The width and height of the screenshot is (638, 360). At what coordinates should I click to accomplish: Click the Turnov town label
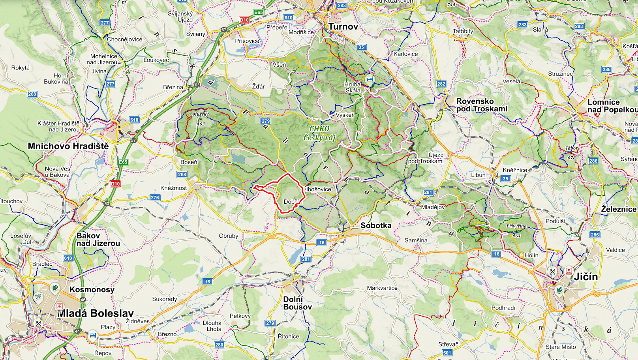[343, 26]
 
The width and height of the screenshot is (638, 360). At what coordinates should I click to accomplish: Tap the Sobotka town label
[376, 225]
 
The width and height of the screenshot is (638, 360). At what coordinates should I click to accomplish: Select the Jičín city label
[585, 276]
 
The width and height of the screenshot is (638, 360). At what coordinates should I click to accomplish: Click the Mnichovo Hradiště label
[68, 146]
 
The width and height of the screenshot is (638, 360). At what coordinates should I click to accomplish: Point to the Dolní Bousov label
[297, 303]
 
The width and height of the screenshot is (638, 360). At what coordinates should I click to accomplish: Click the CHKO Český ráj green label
[319, 133]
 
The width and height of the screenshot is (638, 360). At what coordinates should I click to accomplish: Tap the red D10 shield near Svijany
[244, 20]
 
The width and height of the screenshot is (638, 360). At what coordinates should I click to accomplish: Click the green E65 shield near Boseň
[123, 162]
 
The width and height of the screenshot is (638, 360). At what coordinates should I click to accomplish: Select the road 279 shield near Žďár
[266, 121]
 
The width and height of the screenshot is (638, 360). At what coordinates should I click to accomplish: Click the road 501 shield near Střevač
[447, 353]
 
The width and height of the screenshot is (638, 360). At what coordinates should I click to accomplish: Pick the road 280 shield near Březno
[220, 345]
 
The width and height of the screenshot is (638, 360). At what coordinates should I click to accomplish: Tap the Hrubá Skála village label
[353, 87]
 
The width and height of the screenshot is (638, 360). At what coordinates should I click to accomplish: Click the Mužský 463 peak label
[201, 118]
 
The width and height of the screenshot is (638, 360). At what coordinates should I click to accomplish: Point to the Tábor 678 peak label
[572, 153]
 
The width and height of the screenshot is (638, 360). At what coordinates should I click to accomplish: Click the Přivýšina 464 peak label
[516, 231]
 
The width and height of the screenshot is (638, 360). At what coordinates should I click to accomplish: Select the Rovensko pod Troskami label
[481, 105]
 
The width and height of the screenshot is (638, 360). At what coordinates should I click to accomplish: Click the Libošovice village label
[318, 189]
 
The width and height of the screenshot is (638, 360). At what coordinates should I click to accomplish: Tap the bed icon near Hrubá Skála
[370, 79]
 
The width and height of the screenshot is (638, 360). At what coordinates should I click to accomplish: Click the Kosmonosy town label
[92, 289]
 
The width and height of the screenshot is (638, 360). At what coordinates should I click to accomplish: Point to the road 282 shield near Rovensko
[441, 84]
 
